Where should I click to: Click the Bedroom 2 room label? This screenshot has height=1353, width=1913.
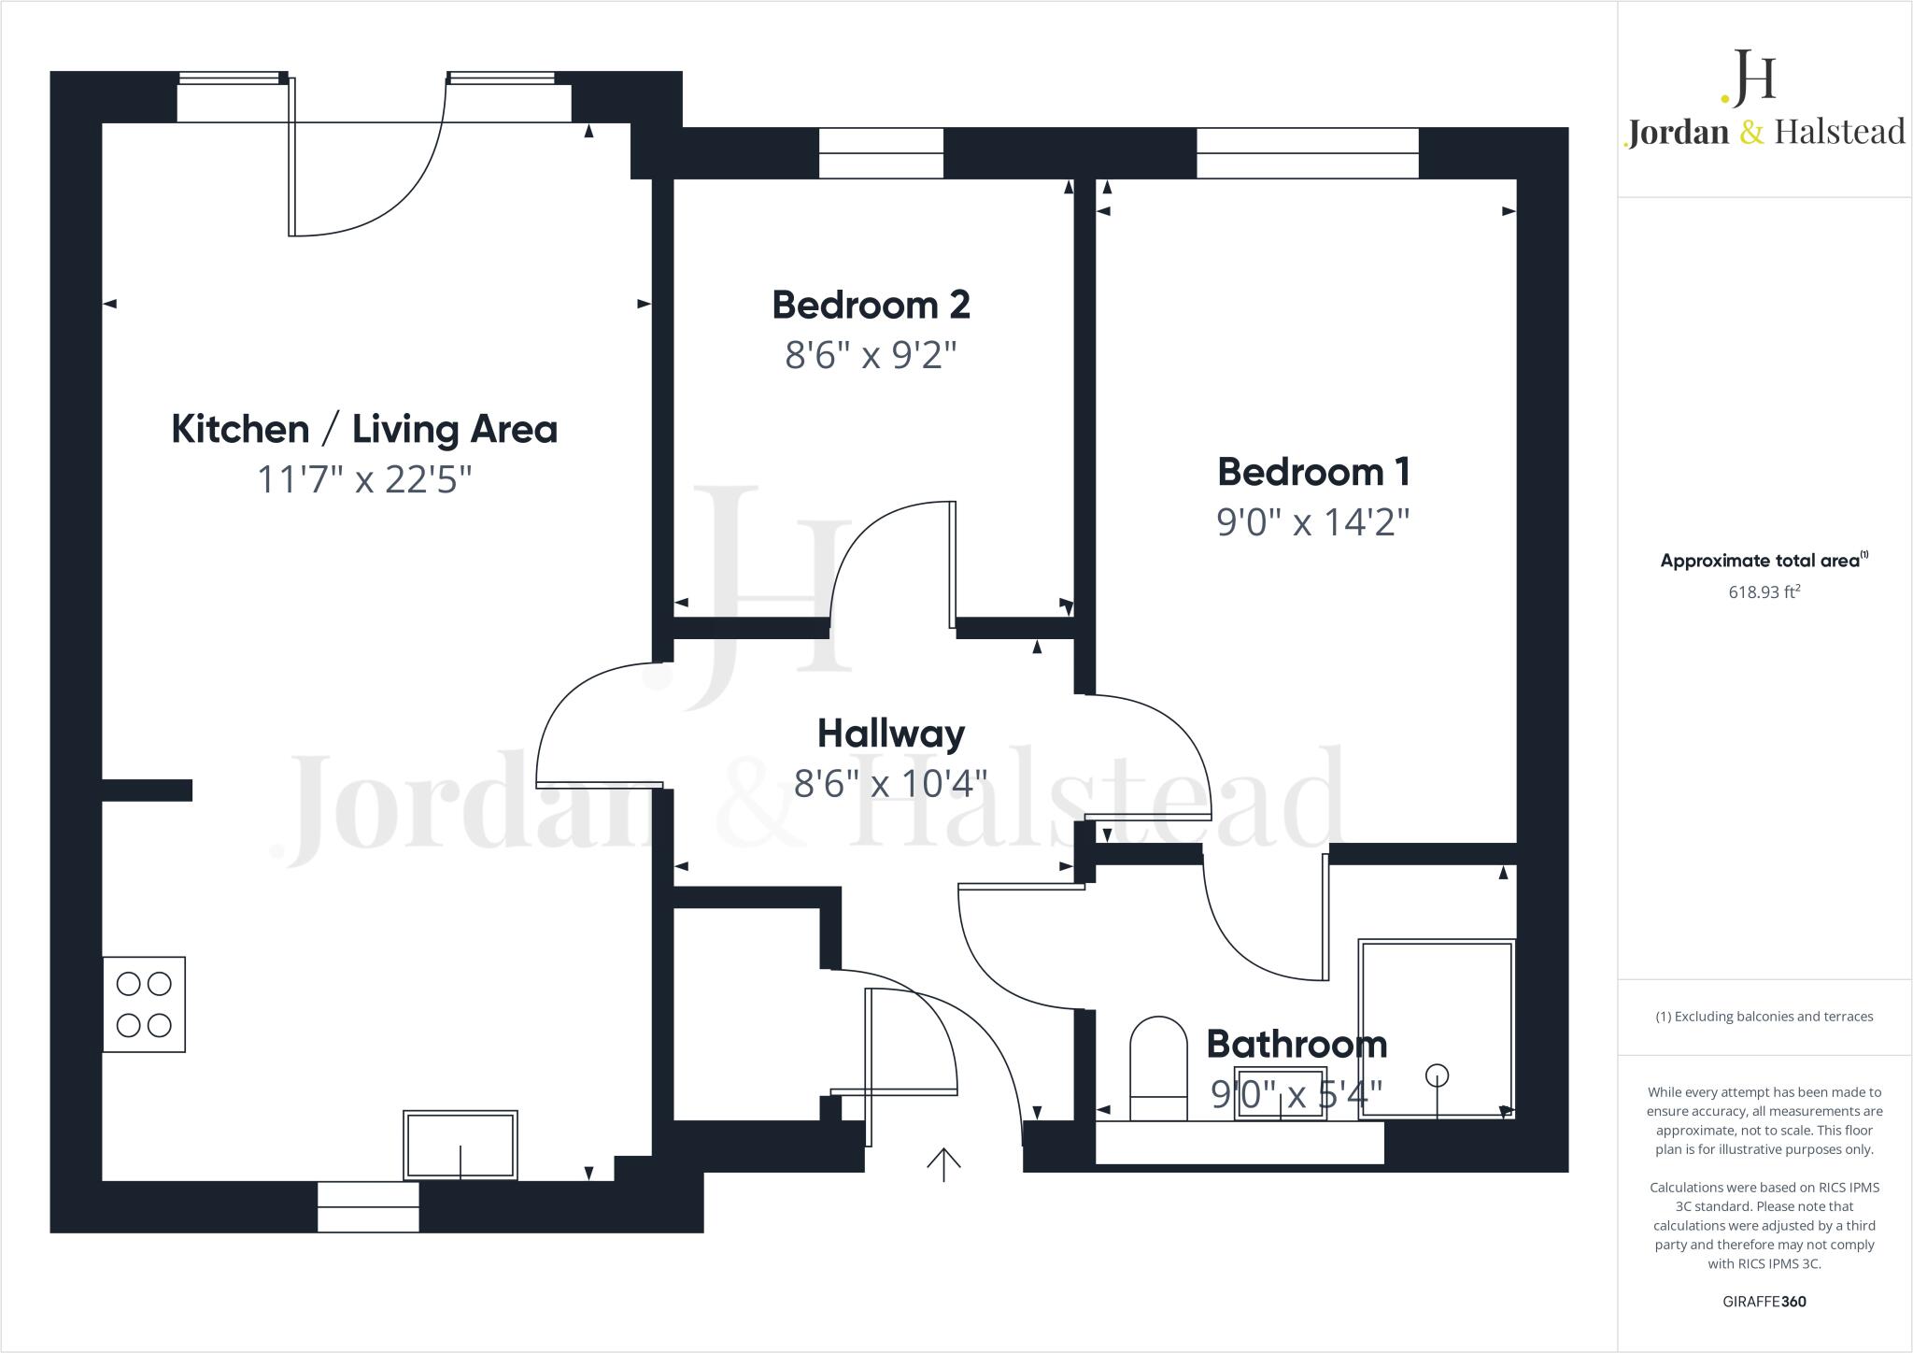pos(871,305)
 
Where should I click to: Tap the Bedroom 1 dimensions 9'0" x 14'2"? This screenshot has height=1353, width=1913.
pos(1312,521)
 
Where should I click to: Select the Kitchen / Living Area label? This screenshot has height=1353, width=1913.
pos(364,429)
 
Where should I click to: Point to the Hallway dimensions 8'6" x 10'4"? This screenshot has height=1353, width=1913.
pos(890,783)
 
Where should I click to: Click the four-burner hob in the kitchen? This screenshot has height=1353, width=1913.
pos(144,1004)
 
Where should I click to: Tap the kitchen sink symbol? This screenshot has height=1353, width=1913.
pos(461,1145)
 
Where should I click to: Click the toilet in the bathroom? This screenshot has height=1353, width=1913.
pos(1158,1068)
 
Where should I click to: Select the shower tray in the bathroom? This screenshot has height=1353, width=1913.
pos(1436,1028)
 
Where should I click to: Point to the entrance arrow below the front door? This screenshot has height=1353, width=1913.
pos(943,1164)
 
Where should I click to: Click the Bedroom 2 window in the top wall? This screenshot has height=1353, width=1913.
pos(881,153)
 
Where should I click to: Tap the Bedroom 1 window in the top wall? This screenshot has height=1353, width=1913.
pos(1307,153)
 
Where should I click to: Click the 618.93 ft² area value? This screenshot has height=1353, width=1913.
pos(1764,591)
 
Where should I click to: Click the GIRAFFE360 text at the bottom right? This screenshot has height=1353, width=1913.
pos(1764,1302)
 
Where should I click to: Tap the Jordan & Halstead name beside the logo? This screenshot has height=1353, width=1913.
pos(1764,132)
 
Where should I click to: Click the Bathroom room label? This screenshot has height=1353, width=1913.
pos(1297,1044)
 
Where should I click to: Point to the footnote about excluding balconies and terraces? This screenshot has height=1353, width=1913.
pos(1764,1017)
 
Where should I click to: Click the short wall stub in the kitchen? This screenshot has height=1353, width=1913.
pos(147,790)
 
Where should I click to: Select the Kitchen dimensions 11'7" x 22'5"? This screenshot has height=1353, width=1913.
pos(364,479)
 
